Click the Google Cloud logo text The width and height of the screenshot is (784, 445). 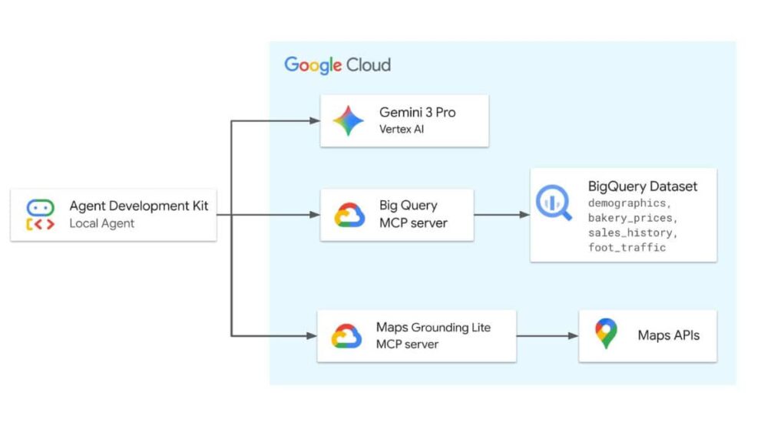tap(337, 64)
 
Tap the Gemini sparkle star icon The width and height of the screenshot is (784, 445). tap(349, 120)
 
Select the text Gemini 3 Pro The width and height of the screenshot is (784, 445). tap(417, 112)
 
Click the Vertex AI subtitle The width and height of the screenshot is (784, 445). tap(401, 129)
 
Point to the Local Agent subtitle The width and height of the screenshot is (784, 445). tap(101, 223)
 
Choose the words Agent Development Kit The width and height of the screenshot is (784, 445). tap(138, 206)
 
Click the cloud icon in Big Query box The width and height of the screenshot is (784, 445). tap(349, 215)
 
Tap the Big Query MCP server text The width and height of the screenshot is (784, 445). tap(412, 214)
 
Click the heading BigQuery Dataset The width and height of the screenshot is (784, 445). tap(643, 186)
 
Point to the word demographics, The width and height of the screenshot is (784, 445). tap(630, 203)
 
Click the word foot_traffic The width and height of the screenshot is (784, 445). tap(627, 247)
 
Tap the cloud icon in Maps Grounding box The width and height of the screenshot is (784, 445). tap(346, 335)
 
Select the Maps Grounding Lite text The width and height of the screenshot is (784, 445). tap(433, 328)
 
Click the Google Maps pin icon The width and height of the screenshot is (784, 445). tap(606, 334)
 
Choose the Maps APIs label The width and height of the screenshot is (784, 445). tap(668, 335)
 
